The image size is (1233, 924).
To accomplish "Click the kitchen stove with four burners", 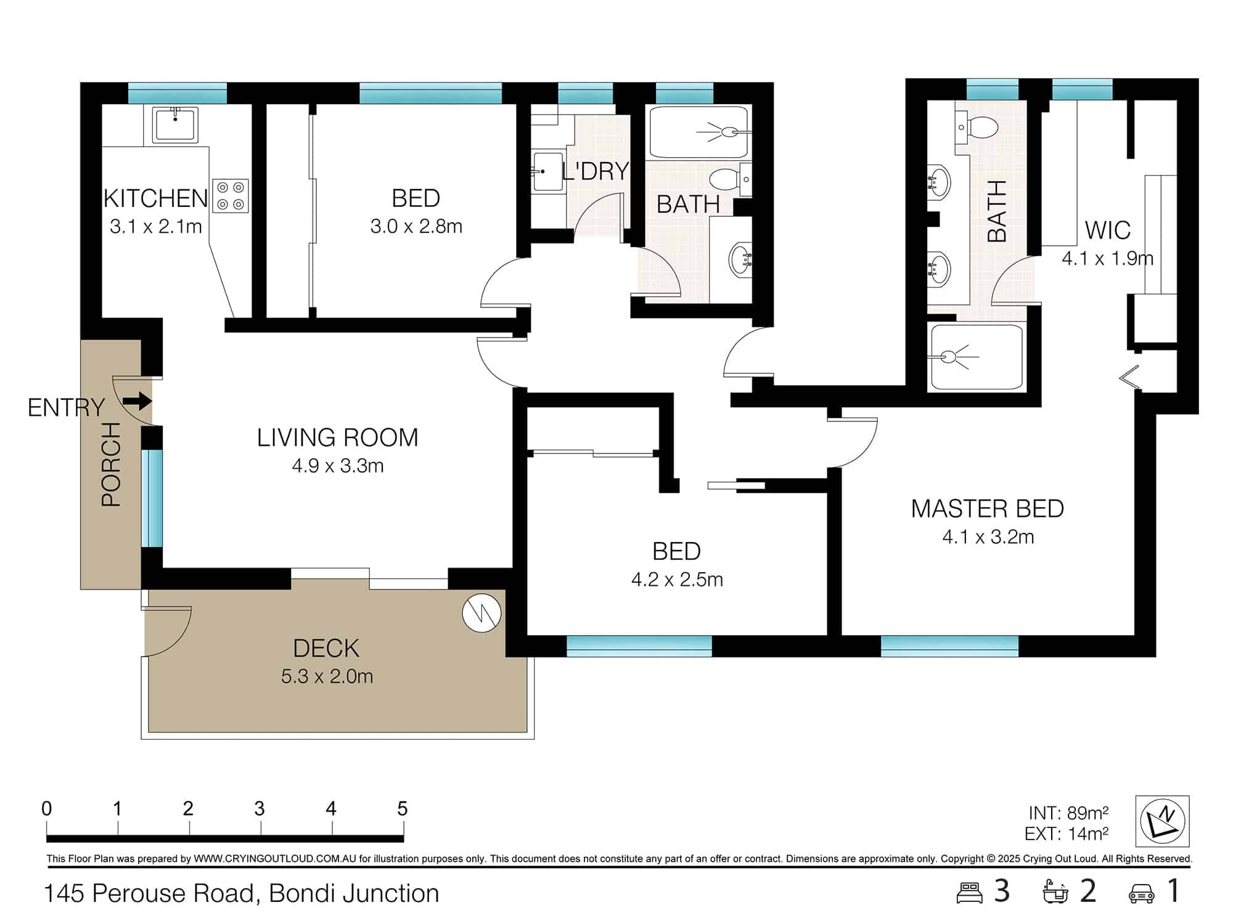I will pyautogui.click(x=231, y=196).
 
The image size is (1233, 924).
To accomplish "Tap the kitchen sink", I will pyautogui.click(x=176, y=125).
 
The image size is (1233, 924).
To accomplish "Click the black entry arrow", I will pyautogui.click(x=137, y=402).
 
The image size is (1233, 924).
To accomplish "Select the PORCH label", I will pyautogui.click(x=112, y=464).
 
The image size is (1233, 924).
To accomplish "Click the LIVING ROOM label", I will pyautogui.click(x=337, y=438).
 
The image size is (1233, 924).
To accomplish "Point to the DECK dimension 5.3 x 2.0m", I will pyautogui.click(x=327, y=676).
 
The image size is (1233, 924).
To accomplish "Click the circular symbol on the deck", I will pyautogui.click(x=481, y=613).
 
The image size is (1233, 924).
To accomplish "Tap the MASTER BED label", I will pyautogui.click(x=987, y=509).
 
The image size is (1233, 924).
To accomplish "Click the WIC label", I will pyautogui.click(x=1107, y=230).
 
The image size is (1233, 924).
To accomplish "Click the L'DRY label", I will pyautogui.click(x=595, y=171).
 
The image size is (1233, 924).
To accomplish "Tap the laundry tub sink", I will pyautogui.click(x=547, y=172).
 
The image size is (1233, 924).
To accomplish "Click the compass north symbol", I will pyautogui.click(x=1162, y=821).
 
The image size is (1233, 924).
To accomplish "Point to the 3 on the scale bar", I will pyautogui.click(x=260, y=808).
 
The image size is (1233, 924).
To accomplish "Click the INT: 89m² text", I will pyautogui.click(x=1068, y=814).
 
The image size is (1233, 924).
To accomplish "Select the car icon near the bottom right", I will pyautogui.click(x=1141, y=893).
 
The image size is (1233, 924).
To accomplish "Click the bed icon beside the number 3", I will pyautogui.click(x=969, y=893).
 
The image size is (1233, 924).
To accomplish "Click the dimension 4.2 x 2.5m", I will pyautogui.click(x=676, y=580).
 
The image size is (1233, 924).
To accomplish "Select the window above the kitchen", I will pyautogui.click(x=178, y=94).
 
